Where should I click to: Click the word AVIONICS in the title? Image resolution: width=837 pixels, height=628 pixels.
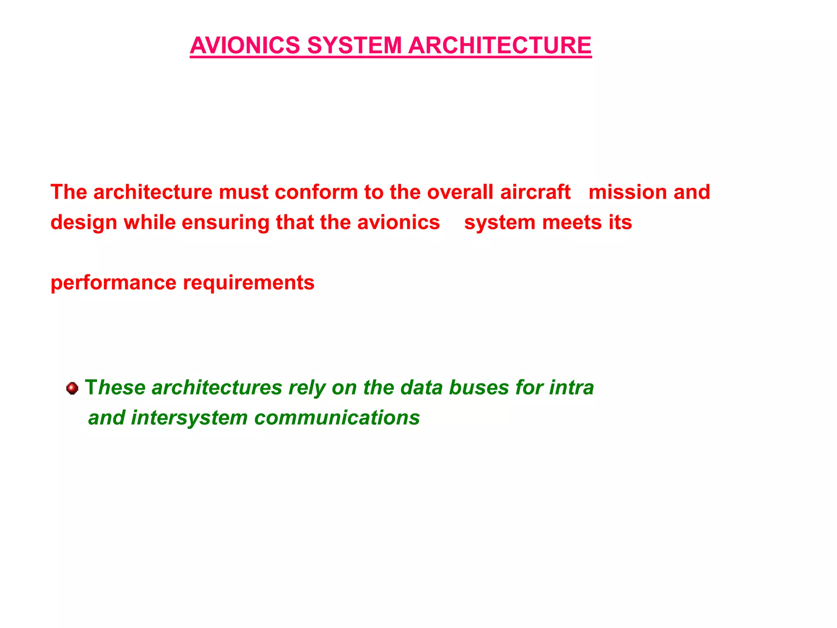click(x=245, y=45)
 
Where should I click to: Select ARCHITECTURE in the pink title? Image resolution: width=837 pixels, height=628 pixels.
click(x=499, y=45)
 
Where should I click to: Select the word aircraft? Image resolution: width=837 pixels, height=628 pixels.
click(x=535, y=192)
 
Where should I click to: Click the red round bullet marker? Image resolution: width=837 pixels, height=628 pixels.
click(x=72, y=388)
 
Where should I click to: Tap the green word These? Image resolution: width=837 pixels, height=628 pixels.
click(x=115, y=388)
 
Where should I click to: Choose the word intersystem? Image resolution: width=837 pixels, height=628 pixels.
click(x=189, y=418)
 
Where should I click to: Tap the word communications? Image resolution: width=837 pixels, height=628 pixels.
click(x=337, y=418)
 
